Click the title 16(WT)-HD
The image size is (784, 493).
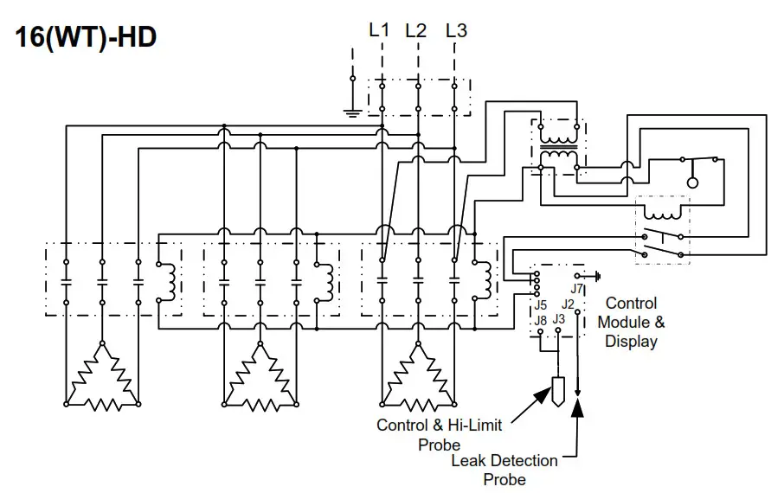point(85,38)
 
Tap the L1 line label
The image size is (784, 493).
point(379,30)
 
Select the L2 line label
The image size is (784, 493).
point(416,30)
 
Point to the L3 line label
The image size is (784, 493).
point(456,30)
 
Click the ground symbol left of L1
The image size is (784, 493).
point(352,111)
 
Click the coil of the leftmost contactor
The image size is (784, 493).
point(170,279)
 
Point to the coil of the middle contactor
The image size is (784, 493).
point(329,279)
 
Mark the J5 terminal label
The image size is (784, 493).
point(541,304)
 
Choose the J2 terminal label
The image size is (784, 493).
point(569,304)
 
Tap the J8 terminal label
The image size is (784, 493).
point(541,320)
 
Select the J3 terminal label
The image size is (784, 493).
point(559,320)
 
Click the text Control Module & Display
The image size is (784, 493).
point(632,322)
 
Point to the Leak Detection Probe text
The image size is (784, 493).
point(504,470)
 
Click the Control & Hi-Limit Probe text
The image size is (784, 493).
point(440,434)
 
